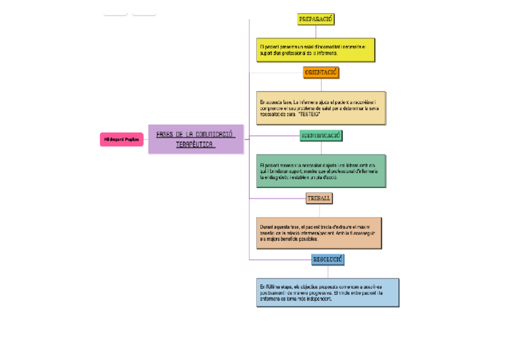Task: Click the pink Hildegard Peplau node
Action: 121,139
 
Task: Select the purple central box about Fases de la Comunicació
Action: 195,139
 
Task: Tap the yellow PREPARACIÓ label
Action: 316,19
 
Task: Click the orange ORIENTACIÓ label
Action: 321,73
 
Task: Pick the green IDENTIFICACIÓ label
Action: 321,136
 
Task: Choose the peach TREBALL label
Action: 319,198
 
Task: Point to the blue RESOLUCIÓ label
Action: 328,260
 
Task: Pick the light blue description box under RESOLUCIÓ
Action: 328,292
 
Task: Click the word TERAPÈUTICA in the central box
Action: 195,145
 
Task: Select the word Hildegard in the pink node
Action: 114,139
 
